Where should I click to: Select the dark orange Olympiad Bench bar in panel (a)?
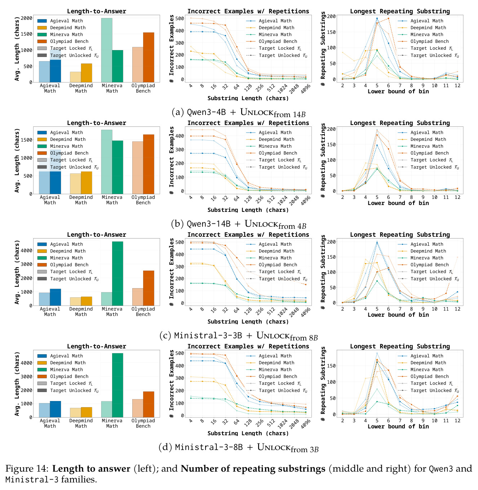[x=149, y=57]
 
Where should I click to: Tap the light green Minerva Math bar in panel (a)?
[x=107, y=50]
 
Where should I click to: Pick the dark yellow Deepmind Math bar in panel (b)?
[x=87, y=183]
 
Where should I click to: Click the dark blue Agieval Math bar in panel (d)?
[x=55, y=409]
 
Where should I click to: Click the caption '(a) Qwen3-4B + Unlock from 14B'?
[x=238, y=112]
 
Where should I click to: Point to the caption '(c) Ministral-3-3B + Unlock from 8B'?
[x=238, y=336]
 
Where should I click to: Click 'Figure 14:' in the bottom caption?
[x=27, y=469]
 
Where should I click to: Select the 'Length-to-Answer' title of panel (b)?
[x=97, y=123]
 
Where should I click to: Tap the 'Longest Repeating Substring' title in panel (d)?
[x=400, y=346]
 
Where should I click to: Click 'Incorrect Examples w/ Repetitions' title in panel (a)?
[x=248, y=11]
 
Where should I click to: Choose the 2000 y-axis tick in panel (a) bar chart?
[x=26, y=18]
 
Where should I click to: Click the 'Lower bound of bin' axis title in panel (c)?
[x=398, y=315]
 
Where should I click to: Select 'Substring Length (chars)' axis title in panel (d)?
[x=248, y=433]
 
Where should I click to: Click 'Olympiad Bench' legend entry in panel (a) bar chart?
[x=69, y=41]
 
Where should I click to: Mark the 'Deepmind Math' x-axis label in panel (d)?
[x=81, y=423]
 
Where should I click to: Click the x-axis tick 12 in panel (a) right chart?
[x=457, y=86]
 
